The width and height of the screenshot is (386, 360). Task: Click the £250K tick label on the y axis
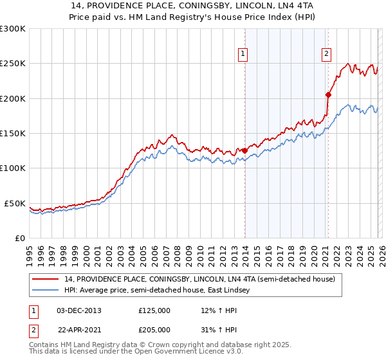(13, 64)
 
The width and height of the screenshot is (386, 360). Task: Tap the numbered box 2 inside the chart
(327, 54)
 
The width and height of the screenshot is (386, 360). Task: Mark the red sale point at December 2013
(244, 151)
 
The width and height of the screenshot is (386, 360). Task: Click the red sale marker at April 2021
(328, 95)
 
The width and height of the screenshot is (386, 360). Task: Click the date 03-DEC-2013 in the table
(79, 310)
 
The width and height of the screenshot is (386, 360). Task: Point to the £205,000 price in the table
(154, 329)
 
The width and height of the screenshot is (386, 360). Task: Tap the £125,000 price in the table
(154, 310)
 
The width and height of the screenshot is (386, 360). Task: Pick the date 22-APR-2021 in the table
(80, 329)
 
